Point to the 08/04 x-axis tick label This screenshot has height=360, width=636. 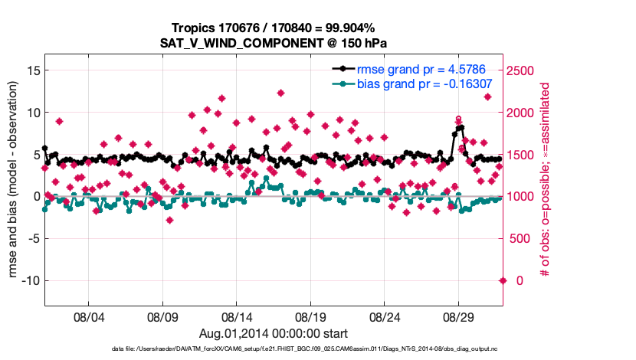pos(88,316)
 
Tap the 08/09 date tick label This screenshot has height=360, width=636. pos(162,316)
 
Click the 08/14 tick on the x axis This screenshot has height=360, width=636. pos(237,316)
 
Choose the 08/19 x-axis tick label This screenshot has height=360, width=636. pos(311,316)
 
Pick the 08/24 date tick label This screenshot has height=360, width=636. pos(385,316)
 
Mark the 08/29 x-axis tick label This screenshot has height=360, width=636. pos(459,316)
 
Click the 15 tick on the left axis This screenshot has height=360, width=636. pos(32,70)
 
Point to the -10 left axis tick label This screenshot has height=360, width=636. pos(29,280)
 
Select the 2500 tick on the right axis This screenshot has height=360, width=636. pos(527,70)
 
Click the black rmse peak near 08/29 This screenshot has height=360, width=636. pos(461,128)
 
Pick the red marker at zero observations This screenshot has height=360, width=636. pos(503,280)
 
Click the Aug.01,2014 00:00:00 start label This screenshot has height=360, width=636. pos(274,333)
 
